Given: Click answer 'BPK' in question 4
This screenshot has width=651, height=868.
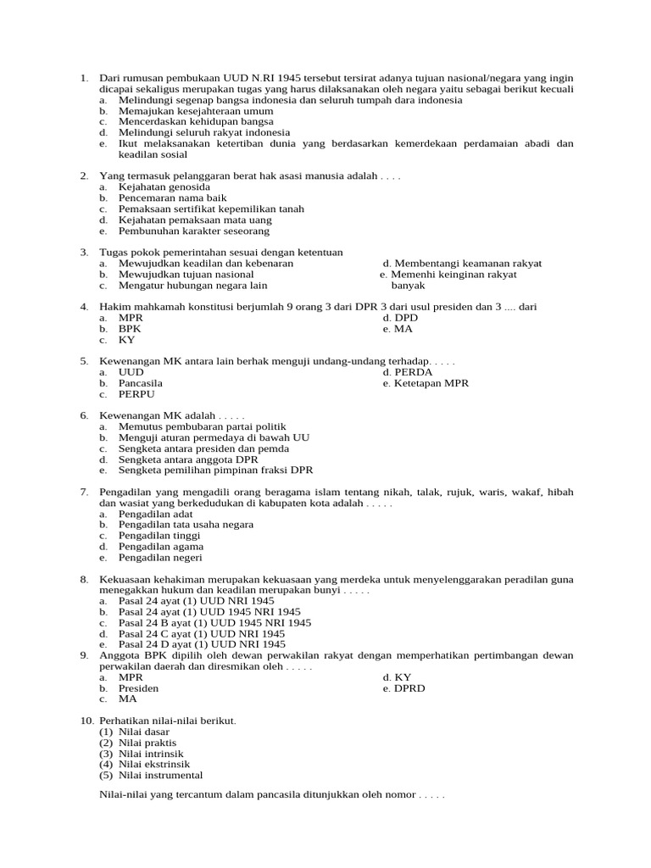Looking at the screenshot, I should click(130, 329).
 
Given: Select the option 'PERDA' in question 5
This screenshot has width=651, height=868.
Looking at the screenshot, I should click(408, 372).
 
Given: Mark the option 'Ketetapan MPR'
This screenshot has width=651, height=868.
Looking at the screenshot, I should click(426, 383).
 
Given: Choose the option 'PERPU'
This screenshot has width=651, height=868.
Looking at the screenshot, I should click(136, 394).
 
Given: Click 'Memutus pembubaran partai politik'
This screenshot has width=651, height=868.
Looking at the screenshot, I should click(203, 426).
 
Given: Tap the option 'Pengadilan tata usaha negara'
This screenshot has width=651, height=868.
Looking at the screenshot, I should click(186, 525).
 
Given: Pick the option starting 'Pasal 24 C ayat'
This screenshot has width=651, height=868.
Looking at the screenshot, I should click(202, 633).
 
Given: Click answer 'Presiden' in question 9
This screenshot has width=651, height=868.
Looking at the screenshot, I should click(138, 688).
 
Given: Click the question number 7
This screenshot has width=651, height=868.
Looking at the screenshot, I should click(85, 492).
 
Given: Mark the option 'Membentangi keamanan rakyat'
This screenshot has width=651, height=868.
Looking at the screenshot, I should click(462, 264).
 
